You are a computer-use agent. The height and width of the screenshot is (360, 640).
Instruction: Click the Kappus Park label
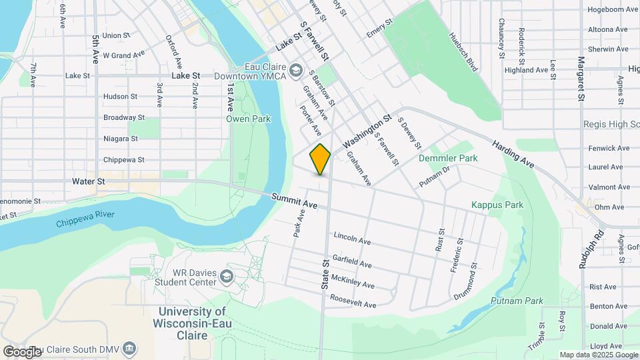(x=497, y=205)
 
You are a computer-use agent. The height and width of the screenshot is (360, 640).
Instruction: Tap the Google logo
(x=22, y=351)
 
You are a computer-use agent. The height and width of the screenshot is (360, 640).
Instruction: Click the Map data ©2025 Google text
(x=598, y=355)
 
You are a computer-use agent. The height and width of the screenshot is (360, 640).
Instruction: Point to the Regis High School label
(x=611, y=124)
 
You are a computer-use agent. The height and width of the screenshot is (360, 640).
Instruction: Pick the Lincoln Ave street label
(x=352, y=238)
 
